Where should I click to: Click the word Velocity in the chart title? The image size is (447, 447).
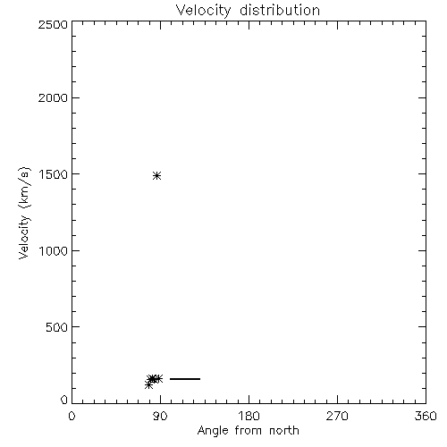point(204,11)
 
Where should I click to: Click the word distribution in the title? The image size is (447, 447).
point(280,10)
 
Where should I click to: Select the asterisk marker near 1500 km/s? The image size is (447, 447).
point(157,175)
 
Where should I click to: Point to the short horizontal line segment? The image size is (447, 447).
point(185,379)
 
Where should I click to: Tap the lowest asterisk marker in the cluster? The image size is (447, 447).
point(148,385)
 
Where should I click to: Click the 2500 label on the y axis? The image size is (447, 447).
point(53,24)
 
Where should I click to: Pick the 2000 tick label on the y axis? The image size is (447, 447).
point(53,97)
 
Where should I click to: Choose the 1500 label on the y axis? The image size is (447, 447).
point(54,174)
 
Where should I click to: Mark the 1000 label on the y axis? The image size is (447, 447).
point(54,251)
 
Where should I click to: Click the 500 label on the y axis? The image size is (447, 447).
point(57,327)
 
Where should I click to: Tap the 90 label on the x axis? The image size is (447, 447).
point(160,416)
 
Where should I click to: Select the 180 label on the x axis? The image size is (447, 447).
point(249,416)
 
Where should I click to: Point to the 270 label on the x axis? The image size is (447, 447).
point(337,416)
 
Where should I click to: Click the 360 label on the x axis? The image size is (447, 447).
point(426,416)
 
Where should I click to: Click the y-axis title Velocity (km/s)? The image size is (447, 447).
point(24,213)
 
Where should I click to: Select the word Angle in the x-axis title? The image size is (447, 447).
point(213,431)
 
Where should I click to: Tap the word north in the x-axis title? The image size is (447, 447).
point(284,430)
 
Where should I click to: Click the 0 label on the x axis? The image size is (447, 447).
point(72,416)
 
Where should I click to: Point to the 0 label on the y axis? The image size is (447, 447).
point(64,400)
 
